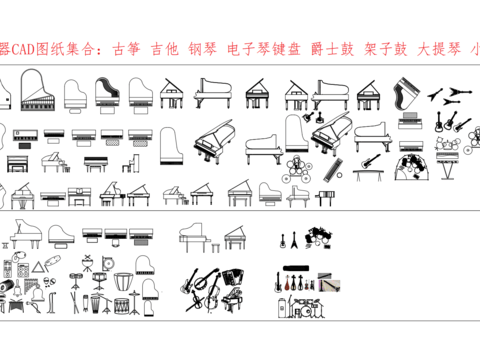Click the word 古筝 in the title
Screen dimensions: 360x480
pos(126,47)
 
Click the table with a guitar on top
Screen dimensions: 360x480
pos(369,163)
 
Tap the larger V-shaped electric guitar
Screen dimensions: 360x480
pos(458,92)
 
